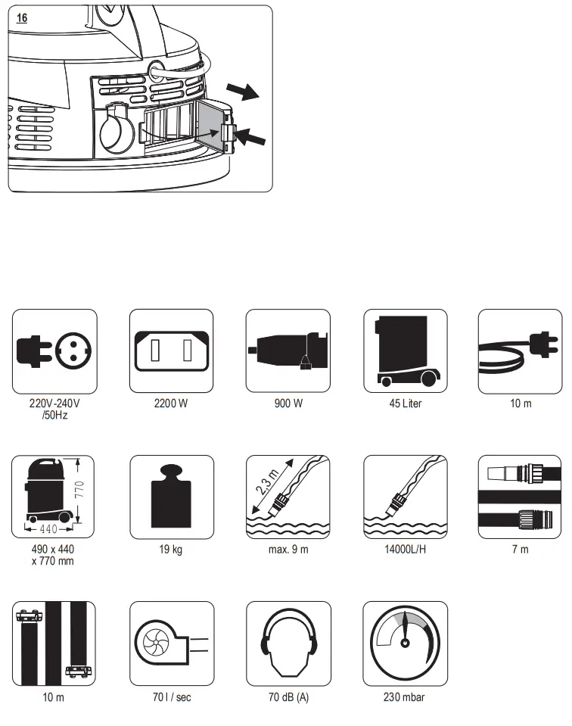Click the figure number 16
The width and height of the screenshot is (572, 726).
[22, 17]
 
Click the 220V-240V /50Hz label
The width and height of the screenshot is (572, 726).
[54, 409]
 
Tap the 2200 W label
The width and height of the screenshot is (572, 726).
[172, 404]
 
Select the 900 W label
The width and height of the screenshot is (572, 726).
[288, 404]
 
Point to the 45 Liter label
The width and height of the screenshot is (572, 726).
[405, 404]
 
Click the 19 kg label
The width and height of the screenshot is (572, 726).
[172, 550]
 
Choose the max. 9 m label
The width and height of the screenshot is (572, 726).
[288, 550]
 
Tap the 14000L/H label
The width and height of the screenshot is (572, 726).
[405, 550]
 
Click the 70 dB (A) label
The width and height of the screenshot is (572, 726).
[288, 696]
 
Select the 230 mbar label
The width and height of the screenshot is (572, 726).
[405, 696]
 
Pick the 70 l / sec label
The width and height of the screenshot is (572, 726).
[172, 696]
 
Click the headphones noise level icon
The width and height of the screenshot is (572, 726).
[288, 643]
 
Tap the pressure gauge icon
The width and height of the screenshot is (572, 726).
[405, 643]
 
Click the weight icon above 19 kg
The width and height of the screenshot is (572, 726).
[172, 497]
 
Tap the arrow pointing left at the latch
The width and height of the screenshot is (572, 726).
[252, 138]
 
